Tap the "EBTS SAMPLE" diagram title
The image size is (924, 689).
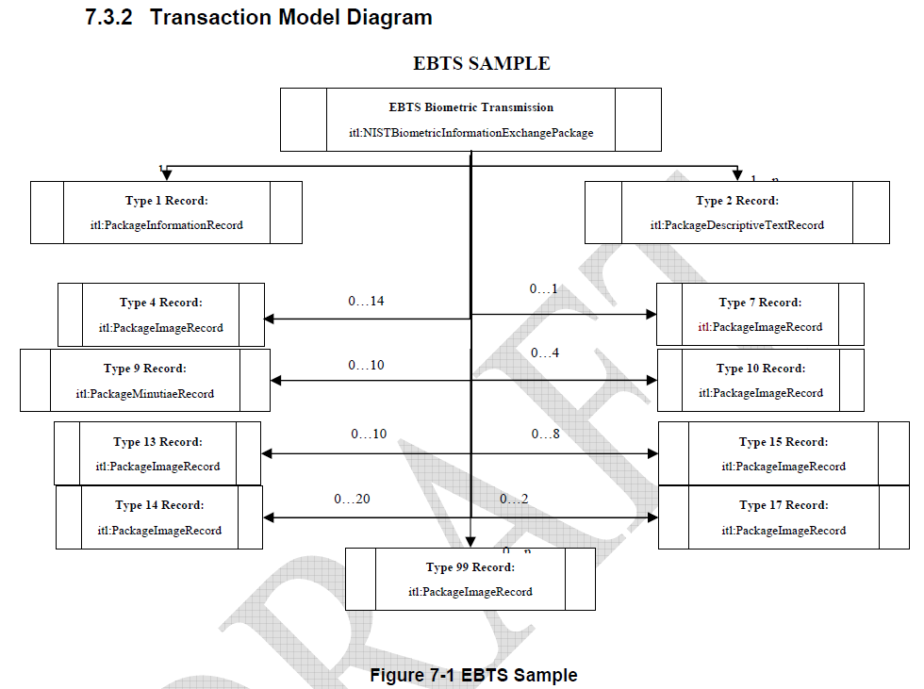click(x=481, y=64)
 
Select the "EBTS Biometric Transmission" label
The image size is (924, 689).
click(x=470, y=107)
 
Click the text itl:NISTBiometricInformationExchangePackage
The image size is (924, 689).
click(x=470, y=133)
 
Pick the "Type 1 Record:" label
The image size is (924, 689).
click(x=166, y=201)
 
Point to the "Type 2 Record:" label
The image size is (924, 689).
click(x=736, y=201)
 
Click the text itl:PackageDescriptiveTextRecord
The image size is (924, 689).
click(x=736, y=225)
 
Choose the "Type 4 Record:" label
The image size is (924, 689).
click(x=160, y=303)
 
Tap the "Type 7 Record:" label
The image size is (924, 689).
click(x=760, y=303)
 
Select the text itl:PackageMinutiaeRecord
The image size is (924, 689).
click(x=145, y=393)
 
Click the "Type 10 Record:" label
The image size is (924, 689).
click(x=760, y=369)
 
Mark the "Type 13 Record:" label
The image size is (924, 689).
click(x=157, y=442)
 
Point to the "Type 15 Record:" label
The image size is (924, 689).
click(x=784, y=442)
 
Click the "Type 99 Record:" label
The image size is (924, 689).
click(x=470, y=567)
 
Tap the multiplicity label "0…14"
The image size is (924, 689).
click(x=366, y=302)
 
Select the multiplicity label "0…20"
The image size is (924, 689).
click(x=352, y=499)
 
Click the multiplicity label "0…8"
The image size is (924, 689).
click(x=545, y=435)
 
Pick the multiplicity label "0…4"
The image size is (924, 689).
click(x=545, y=353)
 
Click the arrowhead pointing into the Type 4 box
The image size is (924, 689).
click(x=270, y=319)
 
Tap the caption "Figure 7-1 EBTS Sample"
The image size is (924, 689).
click(x=473, y=675)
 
